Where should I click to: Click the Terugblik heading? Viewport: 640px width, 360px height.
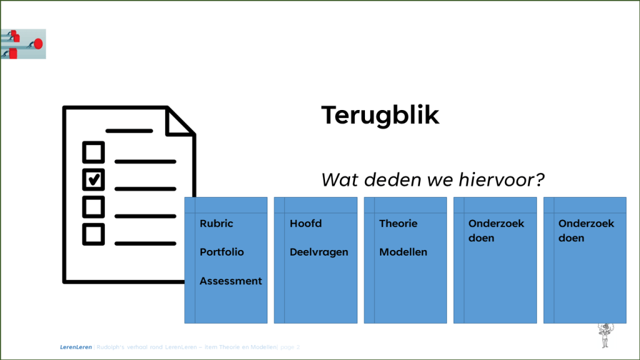[x=380, y=116]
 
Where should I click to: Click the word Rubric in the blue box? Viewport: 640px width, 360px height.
[x=216, y=224]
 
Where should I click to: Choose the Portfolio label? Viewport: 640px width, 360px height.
[x=222, y=252]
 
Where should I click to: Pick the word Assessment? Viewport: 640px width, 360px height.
[x=231, y=281]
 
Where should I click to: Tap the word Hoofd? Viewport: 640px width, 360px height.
[x=306, y=224]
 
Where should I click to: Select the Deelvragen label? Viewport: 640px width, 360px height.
[x=319, y=252]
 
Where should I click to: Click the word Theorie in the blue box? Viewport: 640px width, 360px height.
[x=398, y=224]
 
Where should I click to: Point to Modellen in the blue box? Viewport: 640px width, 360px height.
[x=403, y=252]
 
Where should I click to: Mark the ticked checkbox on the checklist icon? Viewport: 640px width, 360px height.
[x=94, y=179]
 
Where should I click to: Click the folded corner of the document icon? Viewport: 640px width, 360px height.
[x=179, y=122]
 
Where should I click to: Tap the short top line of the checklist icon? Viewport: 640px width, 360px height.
[x=129, y=131]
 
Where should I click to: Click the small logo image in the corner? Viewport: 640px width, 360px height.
[x=23, y=44]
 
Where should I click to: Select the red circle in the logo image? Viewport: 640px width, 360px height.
[x=37, y=43]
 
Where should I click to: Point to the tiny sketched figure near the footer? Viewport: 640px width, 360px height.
[x=604, y=335]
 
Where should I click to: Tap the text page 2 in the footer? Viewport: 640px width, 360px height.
[x=291, y=347]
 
